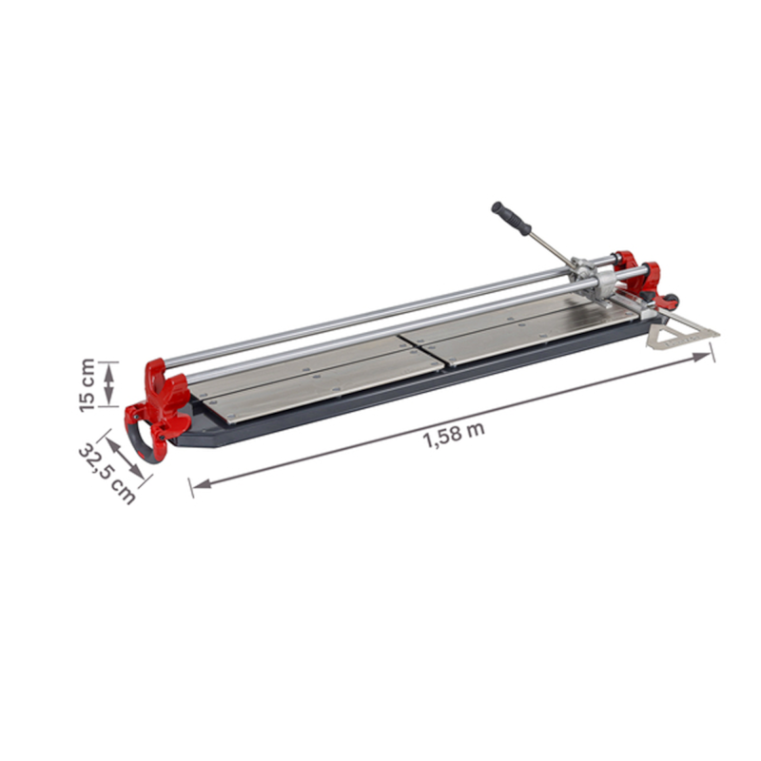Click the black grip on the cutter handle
point(511,218)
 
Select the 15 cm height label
point(88,384)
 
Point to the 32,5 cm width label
point(106,472)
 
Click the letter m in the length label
point(477,428)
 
